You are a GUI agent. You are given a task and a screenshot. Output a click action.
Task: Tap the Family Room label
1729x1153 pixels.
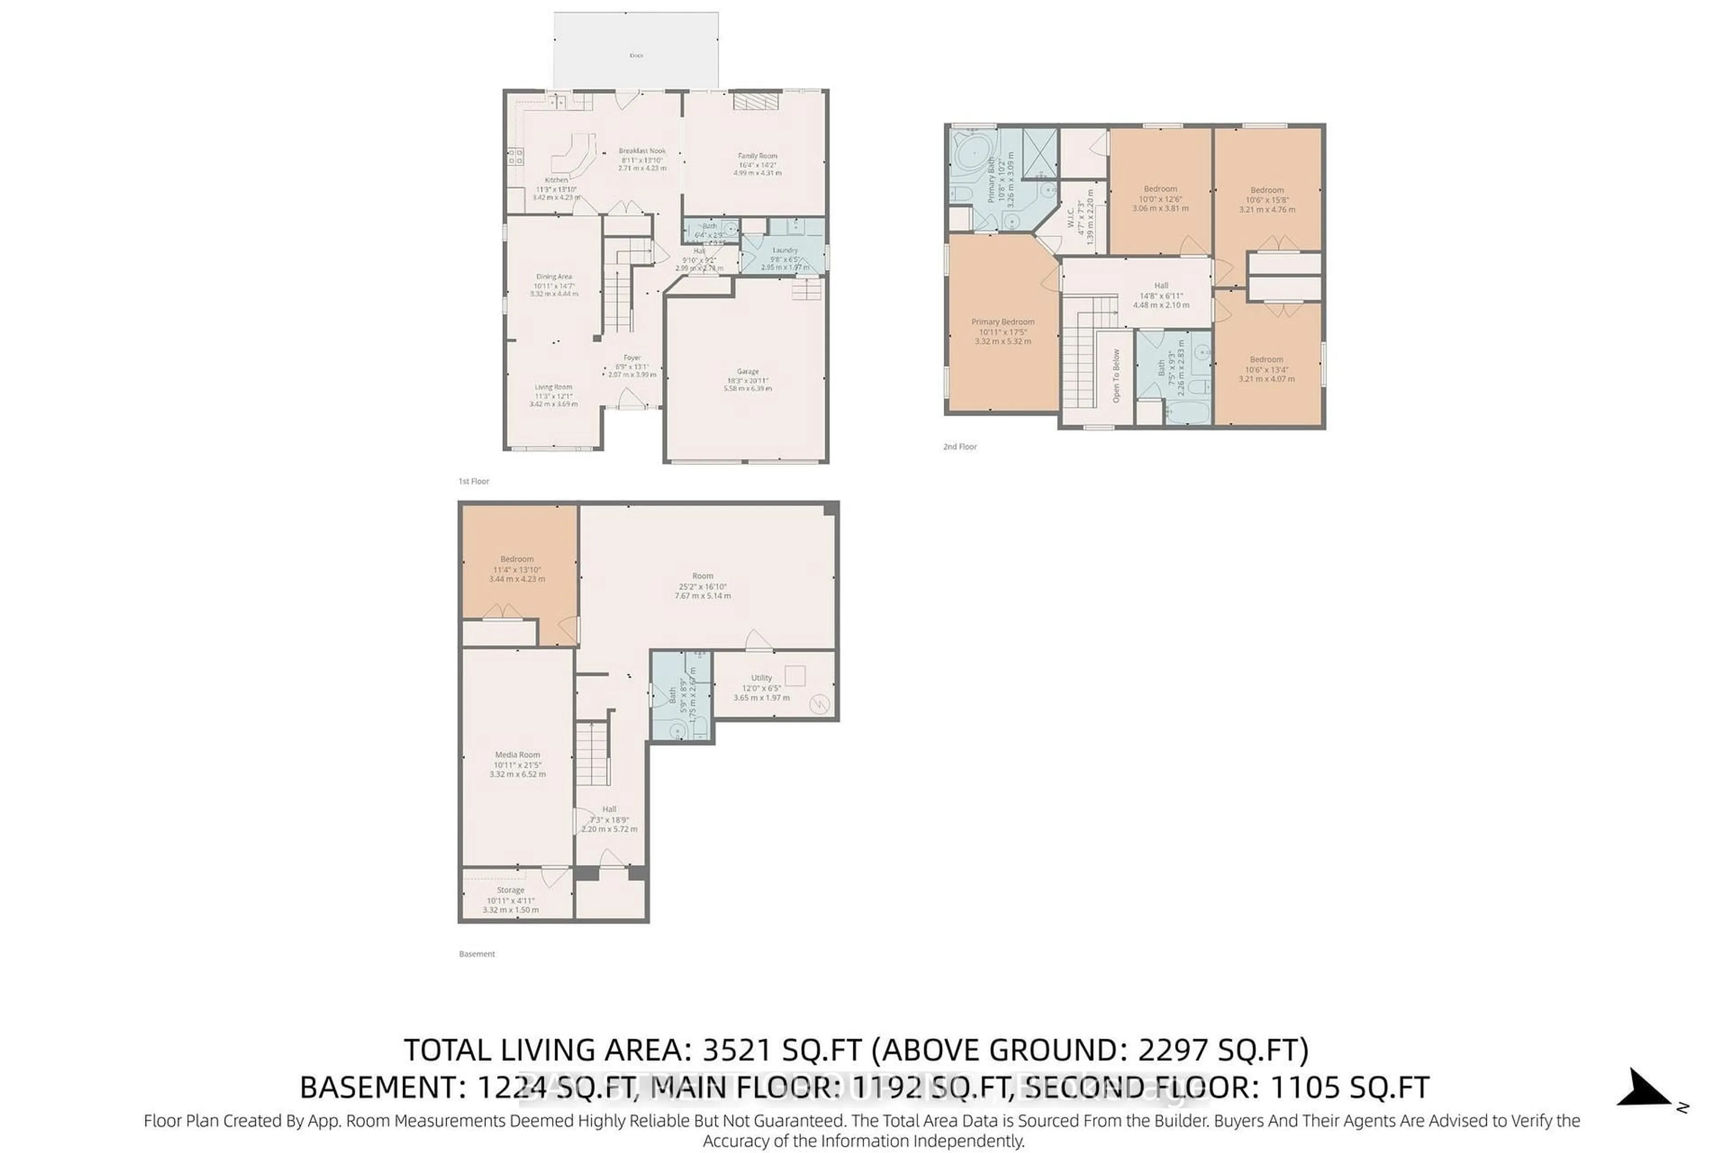757,156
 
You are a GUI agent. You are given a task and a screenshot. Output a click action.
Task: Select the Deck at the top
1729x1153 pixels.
636,51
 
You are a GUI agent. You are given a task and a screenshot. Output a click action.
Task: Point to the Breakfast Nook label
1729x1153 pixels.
642,151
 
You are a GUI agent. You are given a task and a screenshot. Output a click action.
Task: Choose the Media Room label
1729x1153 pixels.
517,754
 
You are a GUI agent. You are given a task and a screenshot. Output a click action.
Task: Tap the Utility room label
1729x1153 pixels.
761,678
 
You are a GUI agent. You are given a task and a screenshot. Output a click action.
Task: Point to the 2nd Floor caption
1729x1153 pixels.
960,446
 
